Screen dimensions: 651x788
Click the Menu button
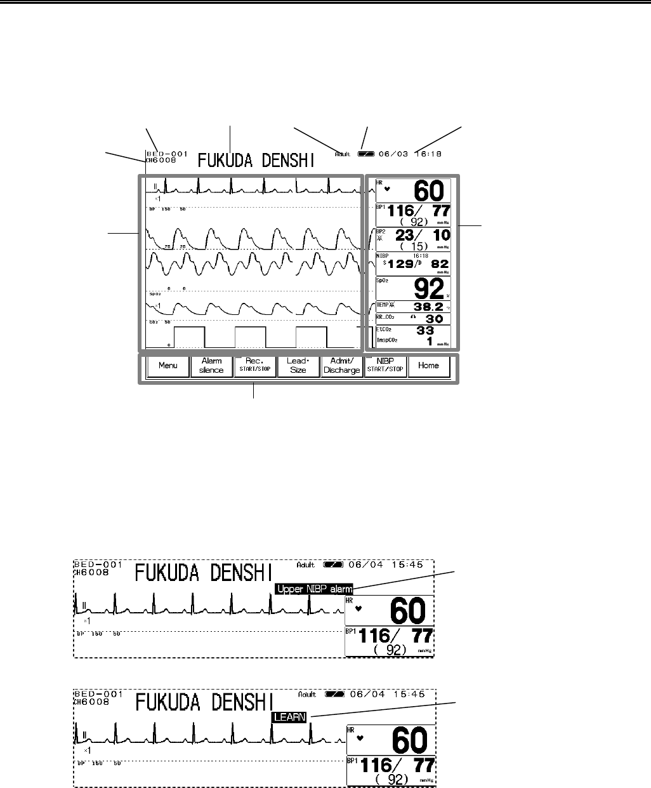click(168, 366)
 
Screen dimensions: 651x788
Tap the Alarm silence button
click(211, 366)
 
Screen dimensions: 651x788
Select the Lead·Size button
click(298, 366)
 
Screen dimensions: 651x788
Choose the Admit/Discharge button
click(341, 366)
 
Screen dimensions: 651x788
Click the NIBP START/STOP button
click(385, 366)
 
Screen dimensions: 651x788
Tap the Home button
click(429, 366)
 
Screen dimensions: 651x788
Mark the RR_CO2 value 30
click(429, 319)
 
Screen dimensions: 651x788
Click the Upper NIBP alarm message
click(315, 589)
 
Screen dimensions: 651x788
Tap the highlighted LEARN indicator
click(289, 717)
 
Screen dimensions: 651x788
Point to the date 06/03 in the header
click(392, 154)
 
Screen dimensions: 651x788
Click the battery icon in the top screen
click(366, 154)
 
